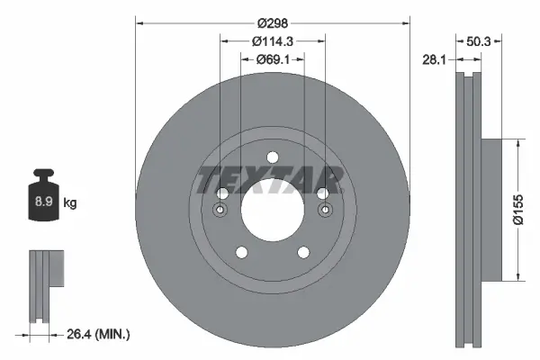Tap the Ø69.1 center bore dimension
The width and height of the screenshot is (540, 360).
coord(272,59)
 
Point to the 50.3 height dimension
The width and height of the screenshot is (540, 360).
coord(479,40)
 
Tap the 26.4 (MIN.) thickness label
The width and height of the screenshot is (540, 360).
coord(99,335)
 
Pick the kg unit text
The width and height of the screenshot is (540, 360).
coord(70,203)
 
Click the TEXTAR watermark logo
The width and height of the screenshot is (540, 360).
coord(271,179)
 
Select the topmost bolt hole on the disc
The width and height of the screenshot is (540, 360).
coord(272,157)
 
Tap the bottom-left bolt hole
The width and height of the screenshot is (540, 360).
coord(240,253)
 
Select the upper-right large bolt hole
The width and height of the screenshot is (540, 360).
coord(321,193)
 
